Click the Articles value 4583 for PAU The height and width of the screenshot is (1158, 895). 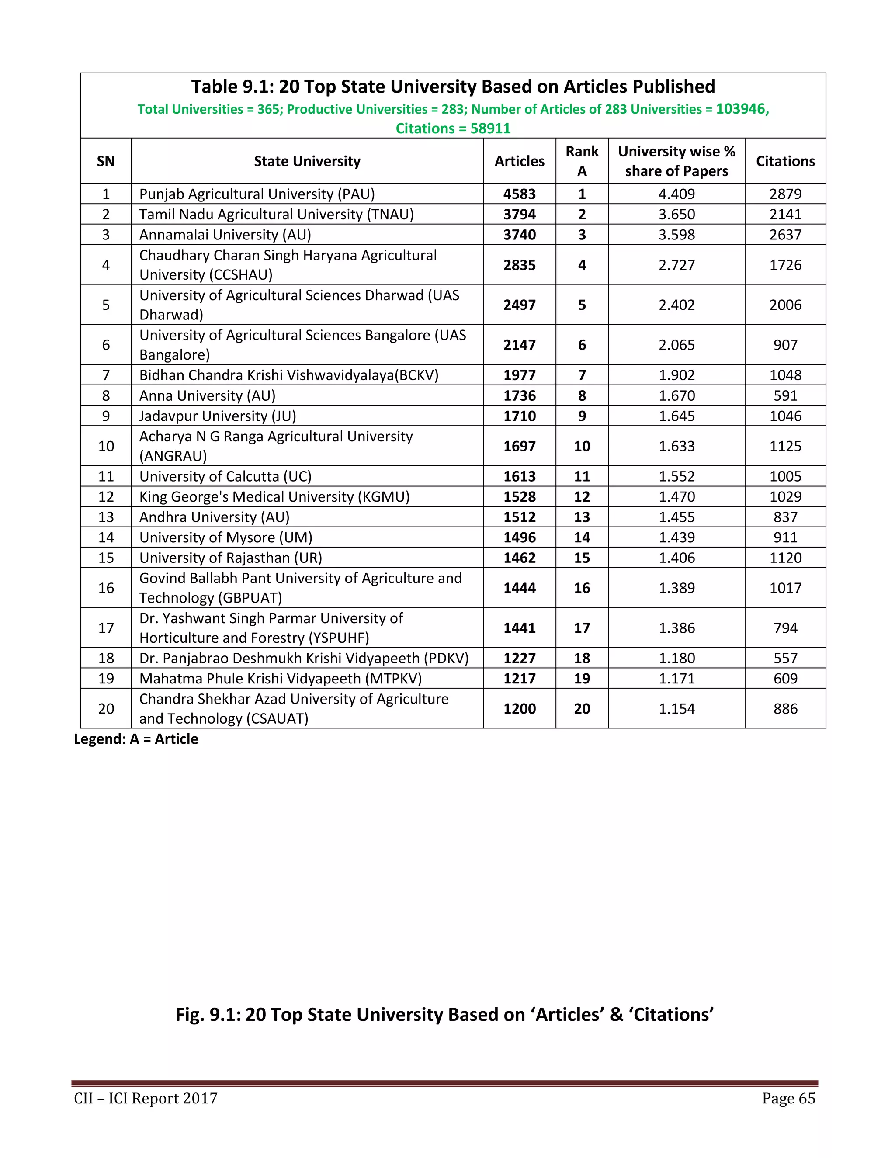pyautogui.click(x=519, y=194)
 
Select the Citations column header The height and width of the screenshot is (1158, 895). pyautogui.click(x=785, y=161)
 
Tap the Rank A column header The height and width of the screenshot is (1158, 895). pyautogui.click(x=582, y=161)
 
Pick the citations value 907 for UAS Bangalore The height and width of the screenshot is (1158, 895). pyautogui.click(x=785, y=345)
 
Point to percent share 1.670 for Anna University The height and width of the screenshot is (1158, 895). pyautogui.click(x=676, y=395)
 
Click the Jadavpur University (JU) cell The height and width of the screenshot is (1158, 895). pyautogui.click(x=217, y=416)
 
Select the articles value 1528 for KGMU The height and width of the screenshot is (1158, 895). pyautogui.click(x=519, y=497)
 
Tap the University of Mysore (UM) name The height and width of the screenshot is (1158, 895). pyautogui.click(x=225, y=537)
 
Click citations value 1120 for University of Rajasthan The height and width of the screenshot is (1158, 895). pyautogui.click(x=785, y=558)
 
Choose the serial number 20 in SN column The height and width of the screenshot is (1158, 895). pyautogui.click(x=106, y=708)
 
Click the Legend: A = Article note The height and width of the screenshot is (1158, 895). pyautogui.click(x=136, y=739)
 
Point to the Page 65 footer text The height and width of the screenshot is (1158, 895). pyautogui.click(x=788, y=1098)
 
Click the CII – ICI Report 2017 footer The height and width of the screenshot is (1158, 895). pyautogui.click(x=146, y=1098)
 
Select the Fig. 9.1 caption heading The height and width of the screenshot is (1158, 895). pyautogui.click(x=444, y=1014)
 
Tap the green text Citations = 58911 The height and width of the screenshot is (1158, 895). pyautogui.click(x=453, y=128)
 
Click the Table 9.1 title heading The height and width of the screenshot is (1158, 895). pyautogui.click(x=453, y=87)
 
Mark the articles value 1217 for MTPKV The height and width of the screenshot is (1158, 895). pyautogui.click(x=519, y=679)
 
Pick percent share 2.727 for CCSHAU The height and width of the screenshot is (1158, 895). pyautogui.click(x=676, y=265)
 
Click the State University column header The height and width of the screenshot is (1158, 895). pyautogui.click(x=307, y=161)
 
